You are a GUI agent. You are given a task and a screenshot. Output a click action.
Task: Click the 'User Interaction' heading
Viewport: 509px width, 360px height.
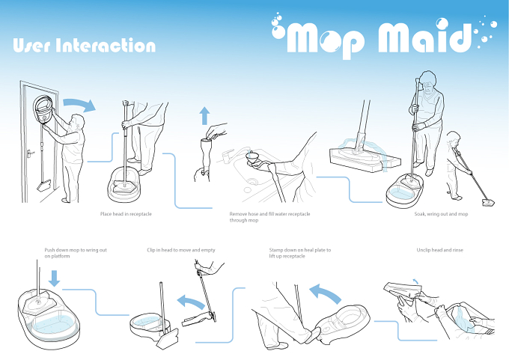[x=85, y=45]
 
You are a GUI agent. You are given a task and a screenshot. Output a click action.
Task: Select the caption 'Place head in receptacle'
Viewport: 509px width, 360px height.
[x=126, y=214]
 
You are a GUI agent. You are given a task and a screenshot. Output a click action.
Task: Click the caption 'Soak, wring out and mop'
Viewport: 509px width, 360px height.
[x=441, y=214]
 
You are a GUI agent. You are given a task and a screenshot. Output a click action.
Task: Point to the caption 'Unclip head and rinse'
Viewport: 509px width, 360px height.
[x=440, y=250]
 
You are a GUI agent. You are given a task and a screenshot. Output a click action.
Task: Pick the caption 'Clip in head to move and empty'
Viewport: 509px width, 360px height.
[x=181, y=250]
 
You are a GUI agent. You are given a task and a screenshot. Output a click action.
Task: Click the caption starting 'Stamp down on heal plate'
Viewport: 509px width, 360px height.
[x=300, y=253]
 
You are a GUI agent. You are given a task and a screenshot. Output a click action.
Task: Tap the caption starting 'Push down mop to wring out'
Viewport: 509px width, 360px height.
[x=76, y=253]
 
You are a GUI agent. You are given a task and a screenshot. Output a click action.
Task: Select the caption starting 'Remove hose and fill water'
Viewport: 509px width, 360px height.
[x=269, y=217]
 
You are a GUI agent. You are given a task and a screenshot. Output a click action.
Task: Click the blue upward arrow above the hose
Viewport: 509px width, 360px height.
[x=204, y=116]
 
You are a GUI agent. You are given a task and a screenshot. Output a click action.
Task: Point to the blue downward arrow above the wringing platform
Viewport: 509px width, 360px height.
[x=54, y=278]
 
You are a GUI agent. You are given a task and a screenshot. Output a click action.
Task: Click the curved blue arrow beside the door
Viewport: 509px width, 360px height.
[x=80, y=104]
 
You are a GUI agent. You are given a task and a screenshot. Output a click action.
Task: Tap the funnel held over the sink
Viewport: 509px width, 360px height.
[x=252, y=157]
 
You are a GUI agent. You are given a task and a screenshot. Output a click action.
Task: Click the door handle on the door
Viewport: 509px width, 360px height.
[x=30, y=152]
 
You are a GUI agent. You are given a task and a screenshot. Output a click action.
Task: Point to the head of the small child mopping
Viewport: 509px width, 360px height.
[x=454, y=138]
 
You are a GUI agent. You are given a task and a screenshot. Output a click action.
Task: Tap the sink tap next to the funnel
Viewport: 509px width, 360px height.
[x=228, y=153]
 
